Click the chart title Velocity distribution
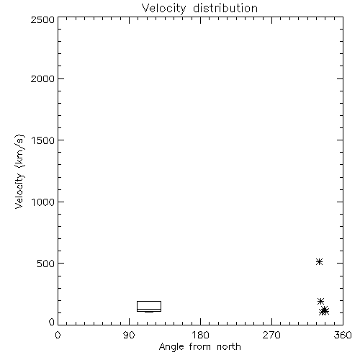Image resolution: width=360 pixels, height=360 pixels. (199, 9)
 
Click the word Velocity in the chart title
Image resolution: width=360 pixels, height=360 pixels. (163, 9)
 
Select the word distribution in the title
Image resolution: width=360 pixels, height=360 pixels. (225, 8)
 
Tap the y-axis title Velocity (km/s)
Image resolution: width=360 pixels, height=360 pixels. (19, 171)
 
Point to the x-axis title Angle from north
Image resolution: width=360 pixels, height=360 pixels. (200, 347)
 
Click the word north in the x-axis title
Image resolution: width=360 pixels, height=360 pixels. (229, 347)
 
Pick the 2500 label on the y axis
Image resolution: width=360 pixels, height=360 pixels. (42, 19)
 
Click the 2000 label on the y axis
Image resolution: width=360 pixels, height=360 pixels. (42, 79)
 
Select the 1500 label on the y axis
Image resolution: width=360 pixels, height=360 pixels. (43, 140)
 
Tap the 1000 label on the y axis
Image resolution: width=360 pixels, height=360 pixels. (43, 202)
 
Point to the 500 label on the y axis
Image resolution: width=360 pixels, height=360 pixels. (46, 264)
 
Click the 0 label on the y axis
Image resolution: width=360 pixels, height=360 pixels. (52, 322)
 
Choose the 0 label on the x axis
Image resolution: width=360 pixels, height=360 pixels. (58, 335)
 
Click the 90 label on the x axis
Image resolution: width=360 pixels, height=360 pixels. (129, 335)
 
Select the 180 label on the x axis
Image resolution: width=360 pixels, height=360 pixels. (200, 335)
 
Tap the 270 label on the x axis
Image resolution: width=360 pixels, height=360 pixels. (271, 335)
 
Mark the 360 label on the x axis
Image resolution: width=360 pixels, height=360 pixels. (343, 335)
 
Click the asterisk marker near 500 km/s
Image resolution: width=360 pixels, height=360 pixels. (319, 261)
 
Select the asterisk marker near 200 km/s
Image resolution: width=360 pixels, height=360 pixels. (320, 301)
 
